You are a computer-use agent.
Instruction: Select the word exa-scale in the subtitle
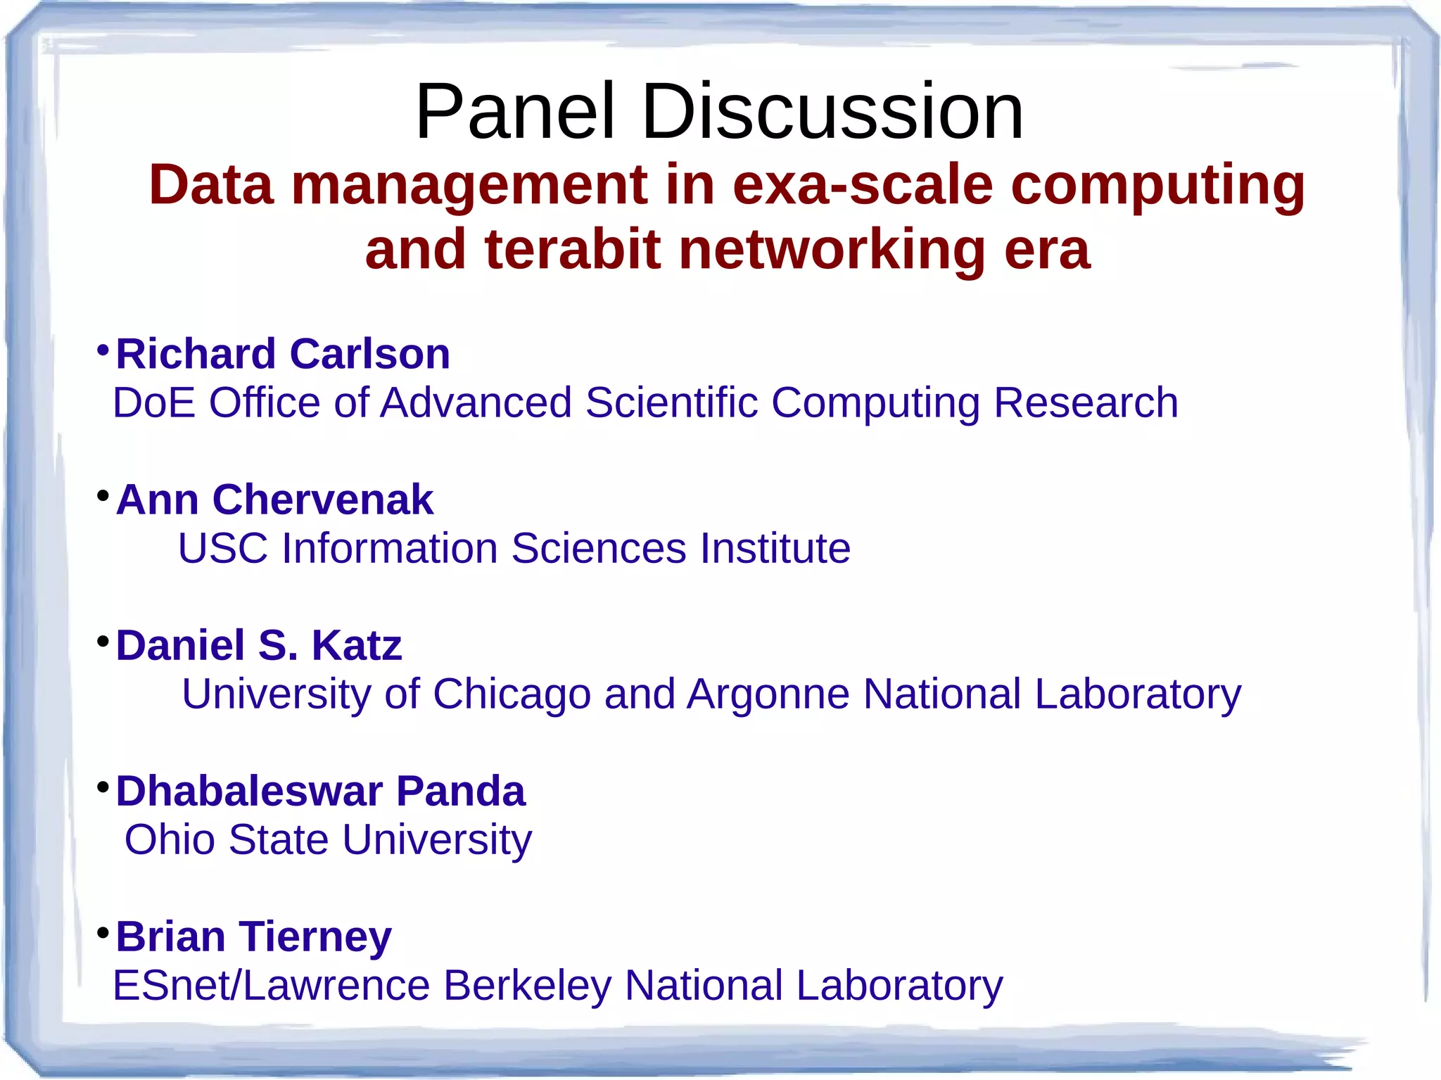[863, 185]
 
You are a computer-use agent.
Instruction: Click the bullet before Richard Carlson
[103, 350]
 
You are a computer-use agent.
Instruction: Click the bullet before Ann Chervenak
[103, 495]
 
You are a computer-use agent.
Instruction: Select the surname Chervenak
[323, 500]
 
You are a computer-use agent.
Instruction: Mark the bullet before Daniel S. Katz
[103, 641]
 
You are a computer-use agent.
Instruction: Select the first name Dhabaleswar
[249, 791]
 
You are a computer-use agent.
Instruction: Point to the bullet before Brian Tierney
[103, 933]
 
